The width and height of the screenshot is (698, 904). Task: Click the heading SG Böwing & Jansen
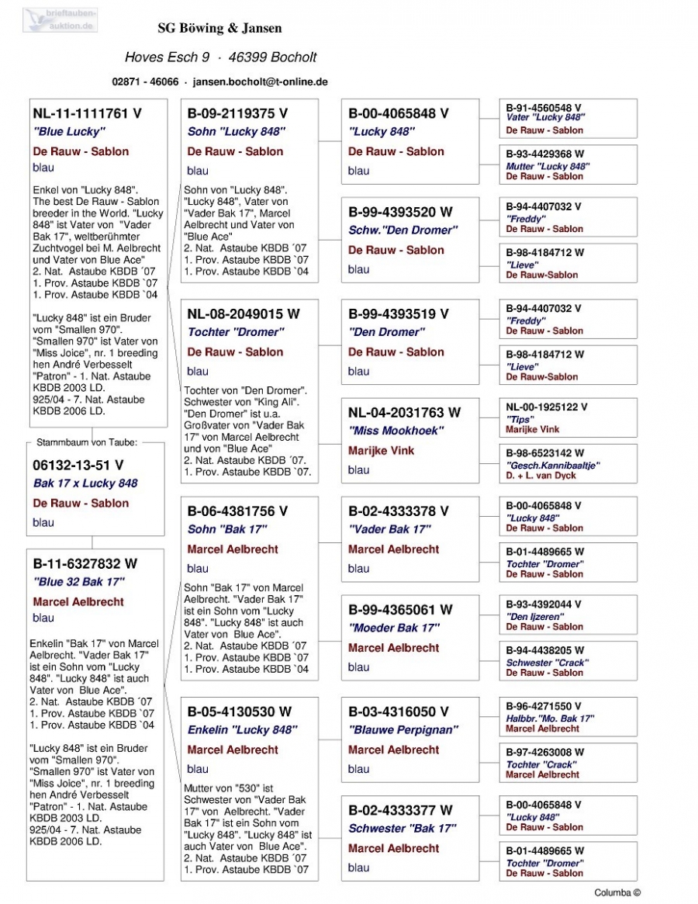219,29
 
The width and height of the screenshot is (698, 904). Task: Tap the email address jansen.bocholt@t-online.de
260,81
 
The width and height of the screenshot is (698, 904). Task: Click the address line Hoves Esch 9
167,57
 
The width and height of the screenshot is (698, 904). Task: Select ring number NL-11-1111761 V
87,113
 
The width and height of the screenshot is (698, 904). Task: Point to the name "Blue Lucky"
68,132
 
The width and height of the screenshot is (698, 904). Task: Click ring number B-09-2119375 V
237,113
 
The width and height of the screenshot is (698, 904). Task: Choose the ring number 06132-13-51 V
78,466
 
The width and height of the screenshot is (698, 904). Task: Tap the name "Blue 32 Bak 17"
78,582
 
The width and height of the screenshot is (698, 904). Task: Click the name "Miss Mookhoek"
396,431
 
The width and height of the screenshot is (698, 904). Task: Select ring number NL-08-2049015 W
244,314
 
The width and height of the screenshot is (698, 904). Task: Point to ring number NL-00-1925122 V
546,407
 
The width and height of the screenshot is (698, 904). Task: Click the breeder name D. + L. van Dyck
541,475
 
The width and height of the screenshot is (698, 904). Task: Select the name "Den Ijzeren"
534,616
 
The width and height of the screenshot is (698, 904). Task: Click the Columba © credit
617,893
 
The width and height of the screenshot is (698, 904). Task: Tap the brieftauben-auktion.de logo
60,19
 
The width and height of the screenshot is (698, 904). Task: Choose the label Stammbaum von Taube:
86,443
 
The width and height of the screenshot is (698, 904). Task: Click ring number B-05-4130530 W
240,712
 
